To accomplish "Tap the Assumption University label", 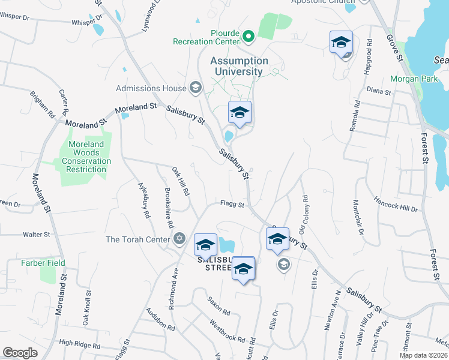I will [x=239, y=66].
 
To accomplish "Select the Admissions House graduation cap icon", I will [x=195, y=89].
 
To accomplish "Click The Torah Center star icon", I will [x=178, y=239].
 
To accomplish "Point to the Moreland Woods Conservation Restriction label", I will [x=86, y=157].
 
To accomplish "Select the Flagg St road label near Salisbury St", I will [x=232, y=204].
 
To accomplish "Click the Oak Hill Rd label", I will [x=181, y=182].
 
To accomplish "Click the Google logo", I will [x=20, y=353].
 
